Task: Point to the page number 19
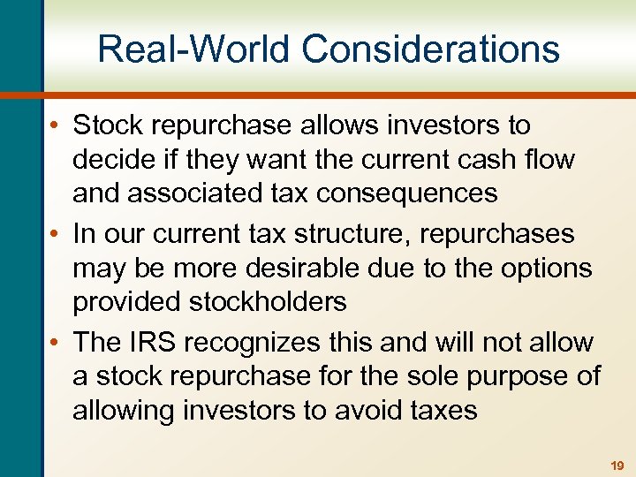(x=616, y=464)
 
